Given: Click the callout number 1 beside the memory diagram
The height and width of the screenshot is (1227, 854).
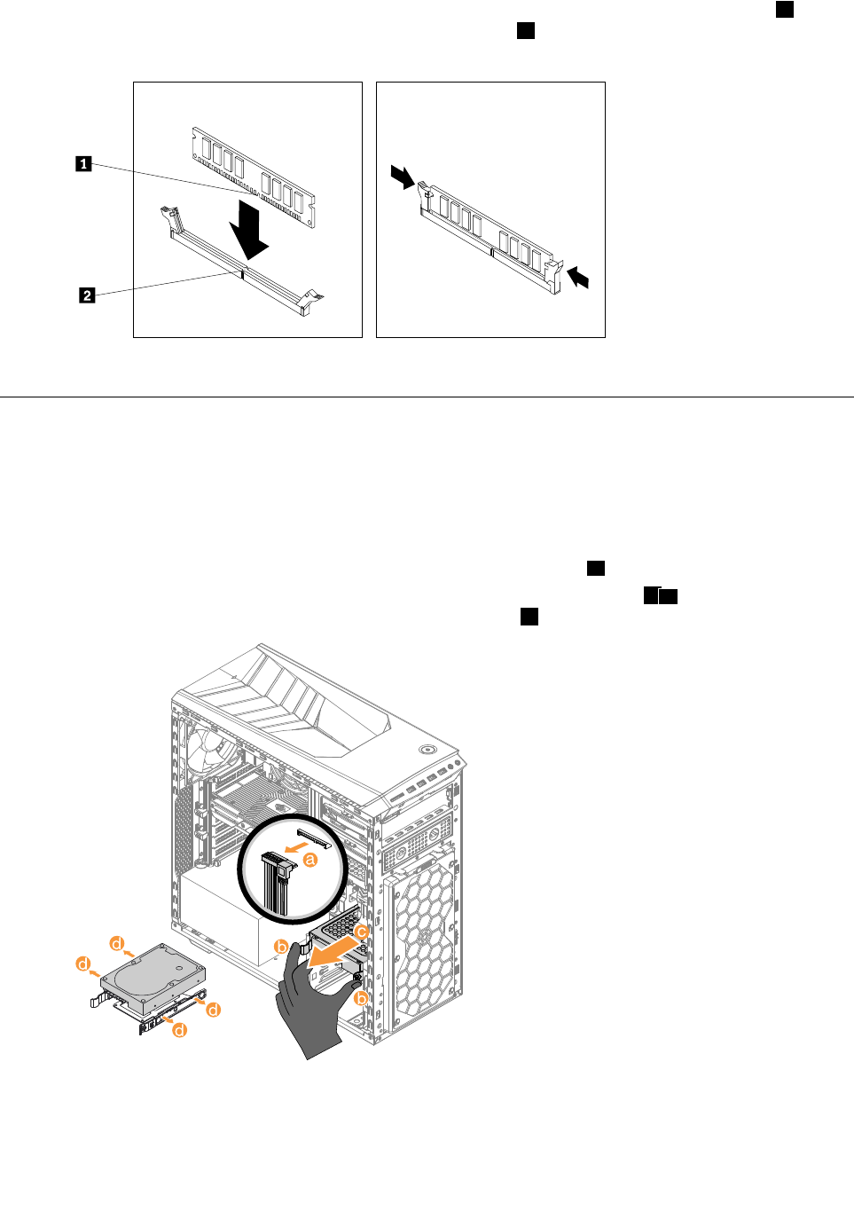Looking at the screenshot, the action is coord(83,163).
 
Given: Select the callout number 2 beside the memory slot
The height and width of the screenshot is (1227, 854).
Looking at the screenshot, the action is coord(87,295).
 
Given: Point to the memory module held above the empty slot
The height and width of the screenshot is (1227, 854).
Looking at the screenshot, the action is coord(254,177).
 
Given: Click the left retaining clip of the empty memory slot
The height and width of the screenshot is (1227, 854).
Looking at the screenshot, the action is coord(169,219).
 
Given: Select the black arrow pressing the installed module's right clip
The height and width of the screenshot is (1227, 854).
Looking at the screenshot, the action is coord(577,278).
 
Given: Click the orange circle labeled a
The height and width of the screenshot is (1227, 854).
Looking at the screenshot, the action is coord(310,859).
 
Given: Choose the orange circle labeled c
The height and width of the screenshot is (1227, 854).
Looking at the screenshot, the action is coord(361,932).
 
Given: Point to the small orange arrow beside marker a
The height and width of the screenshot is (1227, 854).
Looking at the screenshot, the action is coord(286,849).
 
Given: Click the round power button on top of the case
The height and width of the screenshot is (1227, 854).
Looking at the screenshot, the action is coord(428,748).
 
